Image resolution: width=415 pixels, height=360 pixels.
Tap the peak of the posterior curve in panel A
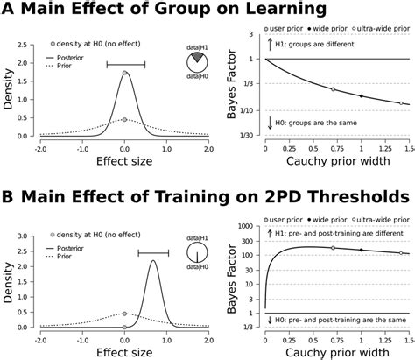point(125,73)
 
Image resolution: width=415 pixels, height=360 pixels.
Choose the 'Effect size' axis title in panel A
point(124,164)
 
